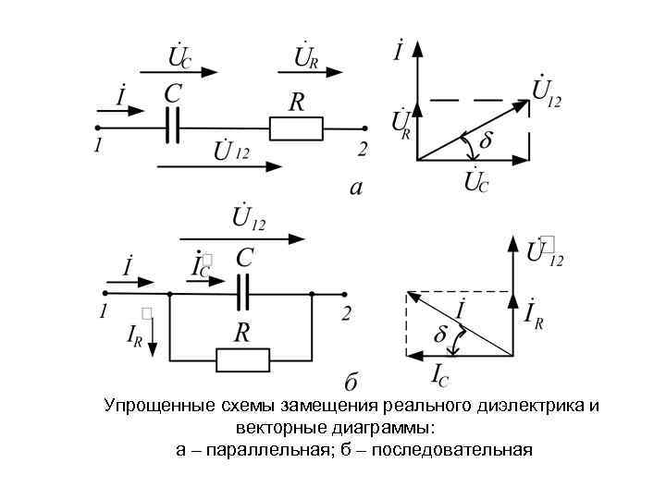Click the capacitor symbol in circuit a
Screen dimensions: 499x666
coord(171,128)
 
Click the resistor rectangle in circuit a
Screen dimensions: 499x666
coord(296,128)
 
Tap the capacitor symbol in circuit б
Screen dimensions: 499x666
coord(243,294)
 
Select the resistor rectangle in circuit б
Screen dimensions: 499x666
coord(241,359)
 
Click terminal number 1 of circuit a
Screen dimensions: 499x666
coord(97,146)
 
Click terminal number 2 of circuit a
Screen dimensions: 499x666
coord(363,147)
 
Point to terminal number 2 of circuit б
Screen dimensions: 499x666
coord(346,314)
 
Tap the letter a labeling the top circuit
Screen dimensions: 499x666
coord(355,189)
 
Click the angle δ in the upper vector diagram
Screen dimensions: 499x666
coord(487,140)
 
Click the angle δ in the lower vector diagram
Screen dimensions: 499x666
coord(441,334)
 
